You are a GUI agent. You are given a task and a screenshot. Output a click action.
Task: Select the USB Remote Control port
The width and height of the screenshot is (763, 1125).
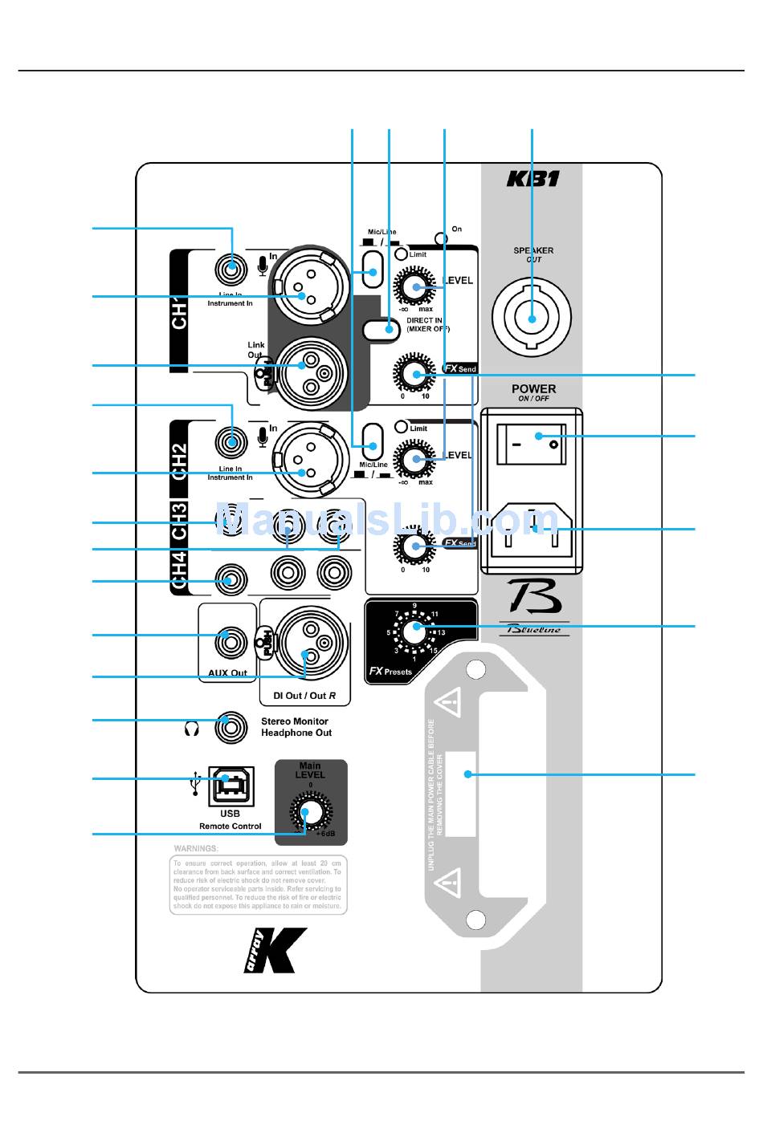(x=231, y=785)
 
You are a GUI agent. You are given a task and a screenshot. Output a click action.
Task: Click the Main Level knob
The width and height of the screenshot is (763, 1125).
(x=310, y=811)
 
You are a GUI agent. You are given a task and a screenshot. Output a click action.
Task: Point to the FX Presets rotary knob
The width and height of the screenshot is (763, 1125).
(x=414, y=631)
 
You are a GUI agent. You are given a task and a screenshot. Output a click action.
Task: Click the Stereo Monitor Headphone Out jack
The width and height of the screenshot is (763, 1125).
(x=231, y=728)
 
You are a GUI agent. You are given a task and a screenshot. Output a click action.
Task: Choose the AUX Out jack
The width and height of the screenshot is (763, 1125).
(x=229, y=642)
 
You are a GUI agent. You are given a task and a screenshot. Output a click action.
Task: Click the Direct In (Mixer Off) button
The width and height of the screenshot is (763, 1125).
(x=381, y=328)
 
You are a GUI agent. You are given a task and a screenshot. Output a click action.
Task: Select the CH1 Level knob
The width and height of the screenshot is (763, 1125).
(x=415, y=286)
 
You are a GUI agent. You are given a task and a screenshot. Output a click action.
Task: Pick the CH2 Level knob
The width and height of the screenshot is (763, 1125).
(x=415, y=461)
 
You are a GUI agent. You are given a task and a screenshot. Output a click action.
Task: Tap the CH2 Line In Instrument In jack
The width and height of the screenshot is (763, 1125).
(x=231, y=441)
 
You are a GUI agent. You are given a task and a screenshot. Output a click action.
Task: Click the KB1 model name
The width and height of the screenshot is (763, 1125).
(x=532, y=178)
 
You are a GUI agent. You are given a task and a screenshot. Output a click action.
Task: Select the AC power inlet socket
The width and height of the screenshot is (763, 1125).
(x=531, y=529)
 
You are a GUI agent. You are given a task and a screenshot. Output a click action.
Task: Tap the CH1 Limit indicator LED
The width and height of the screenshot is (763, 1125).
(x=402, y=254)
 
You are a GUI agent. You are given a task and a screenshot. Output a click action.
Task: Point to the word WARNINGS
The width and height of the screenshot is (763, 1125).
(x=196, y=848)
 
